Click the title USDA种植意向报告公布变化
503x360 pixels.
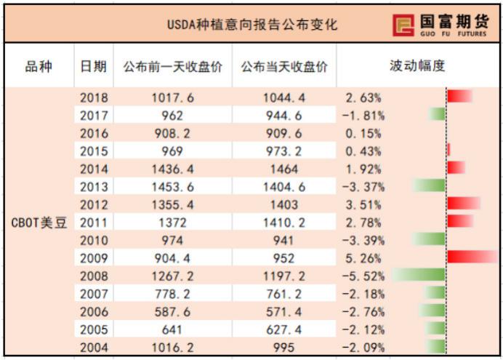click(251, 24)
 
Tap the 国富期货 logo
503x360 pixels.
click(444, 24)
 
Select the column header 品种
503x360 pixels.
click(39, 66)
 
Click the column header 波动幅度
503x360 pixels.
click(418, 66)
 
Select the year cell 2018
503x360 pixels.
click(94, 97)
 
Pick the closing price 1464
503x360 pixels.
click(284, 168)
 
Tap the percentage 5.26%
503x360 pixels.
click(362, 257)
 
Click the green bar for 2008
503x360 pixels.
click(419, 275)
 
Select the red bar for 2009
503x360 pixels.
click(472, 257)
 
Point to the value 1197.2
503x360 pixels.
click(284, 276)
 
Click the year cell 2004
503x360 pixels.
click(94, 347)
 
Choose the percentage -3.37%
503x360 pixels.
click(362, 186)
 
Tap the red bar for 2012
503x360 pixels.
click(464, 204)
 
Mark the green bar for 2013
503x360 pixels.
click(429, 185)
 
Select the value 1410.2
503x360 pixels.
click(284, 222)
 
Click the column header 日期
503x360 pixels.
click(94, 66)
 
